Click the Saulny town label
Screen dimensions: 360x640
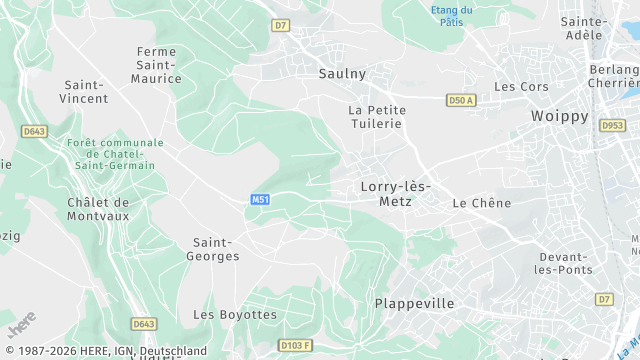click(x=342, y=73)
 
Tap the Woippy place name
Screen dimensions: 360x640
click(x=559, y=116)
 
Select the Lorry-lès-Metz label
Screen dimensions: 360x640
click(x=393, y=193)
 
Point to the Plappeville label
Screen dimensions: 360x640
click(x=414, y=303)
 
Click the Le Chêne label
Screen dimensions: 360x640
click(x=481, y=203)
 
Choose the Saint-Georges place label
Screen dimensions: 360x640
click(x=213, y=249)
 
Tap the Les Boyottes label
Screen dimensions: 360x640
click(x=234, y=314)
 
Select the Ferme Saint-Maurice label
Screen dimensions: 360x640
click(x=159, y=64)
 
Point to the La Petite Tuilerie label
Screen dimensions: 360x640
click(x=375, y=116)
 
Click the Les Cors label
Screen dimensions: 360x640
click(x=521, y=87)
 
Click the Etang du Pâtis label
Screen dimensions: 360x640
click(x=452, y=15)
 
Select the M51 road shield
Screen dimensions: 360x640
click(x=260, y=200)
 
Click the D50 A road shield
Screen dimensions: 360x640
click(x=460, y=100)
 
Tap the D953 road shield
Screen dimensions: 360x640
click(x=612, y=126)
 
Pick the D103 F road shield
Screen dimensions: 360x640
click(x=291, y=346)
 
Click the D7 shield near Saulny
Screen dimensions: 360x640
click(x=280, y=25)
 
